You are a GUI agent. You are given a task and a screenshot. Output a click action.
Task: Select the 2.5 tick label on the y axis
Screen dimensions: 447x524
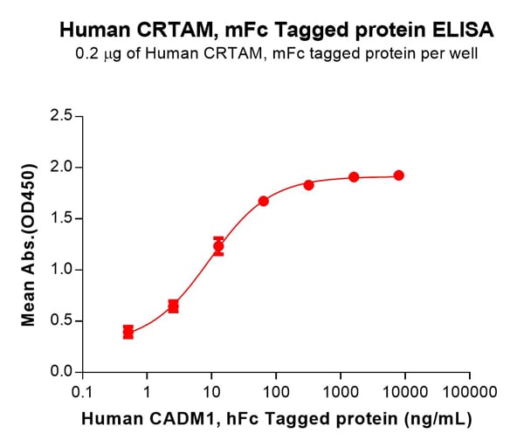(x=62, y=115)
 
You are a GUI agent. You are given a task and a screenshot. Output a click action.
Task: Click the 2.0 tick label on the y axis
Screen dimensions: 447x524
(x=62, y=167)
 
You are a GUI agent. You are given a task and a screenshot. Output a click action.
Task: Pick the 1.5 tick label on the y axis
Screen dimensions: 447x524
(x=62, y=218)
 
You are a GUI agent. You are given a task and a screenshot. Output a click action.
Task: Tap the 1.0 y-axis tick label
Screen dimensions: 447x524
(x=62, y=270)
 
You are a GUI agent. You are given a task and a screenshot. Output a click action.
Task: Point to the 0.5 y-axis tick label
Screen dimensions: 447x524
(x=62, y=321)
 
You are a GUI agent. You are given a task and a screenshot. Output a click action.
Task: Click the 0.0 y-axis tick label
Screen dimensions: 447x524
(x=62, y=373)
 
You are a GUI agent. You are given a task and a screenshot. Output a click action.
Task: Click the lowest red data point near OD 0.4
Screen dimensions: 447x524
(x=128, y=332)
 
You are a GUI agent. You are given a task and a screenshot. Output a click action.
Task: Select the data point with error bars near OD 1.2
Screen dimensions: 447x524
(x=218, y=246)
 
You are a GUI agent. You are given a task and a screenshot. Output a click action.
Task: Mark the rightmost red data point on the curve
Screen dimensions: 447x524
(x=399, y=175)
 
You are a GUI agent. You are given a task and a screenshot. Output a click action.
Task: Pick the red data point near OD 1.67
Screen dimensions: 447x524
(x=264, y=201)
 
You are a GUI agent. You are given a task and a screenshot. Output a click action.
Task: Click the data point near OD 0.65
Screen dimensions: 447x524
(x=174, y=306)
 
